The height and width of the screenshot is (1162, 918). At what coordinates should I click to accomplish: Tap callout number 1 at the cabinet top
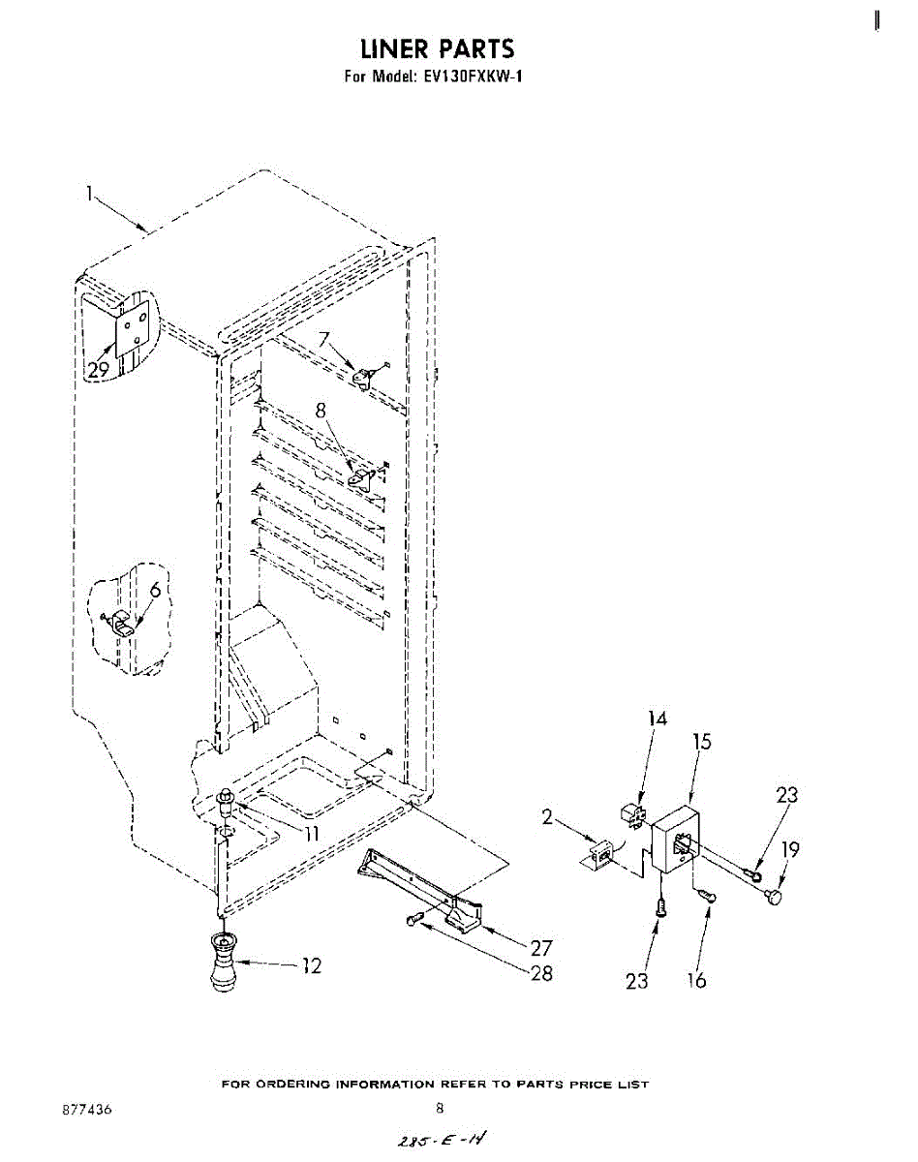[89, 194]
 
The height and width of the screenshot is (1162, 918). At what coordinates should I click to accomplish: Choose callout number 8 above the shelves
[321, 410]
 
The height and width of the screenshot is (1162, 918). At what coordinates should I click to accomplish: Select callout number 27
[541, 949]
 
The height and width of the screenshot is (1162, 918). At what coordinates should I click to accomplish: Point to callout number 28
[541, 973]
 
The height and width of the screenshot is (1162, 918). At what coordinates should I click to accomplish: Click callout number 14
[658, 719]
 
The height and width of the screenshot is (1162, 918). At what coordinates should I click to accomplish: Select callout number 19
[791, 849]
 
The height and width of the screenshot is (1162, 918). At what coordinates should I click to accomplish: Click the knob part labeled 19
[773, 900]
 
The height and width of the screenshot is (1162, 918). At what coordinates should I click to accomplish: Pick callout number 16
[695, 980]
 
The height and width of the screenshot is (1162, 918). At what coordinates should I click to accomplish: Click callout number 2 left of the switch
[547, 816]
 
